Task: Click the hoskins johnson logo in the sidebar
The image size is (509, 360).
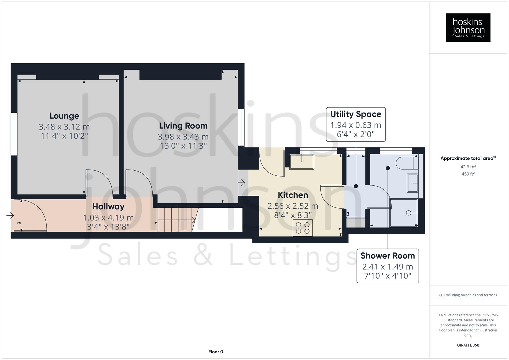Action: pyautogui.click(x=468, y=27)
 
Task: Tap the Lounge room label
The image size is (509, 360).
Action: pyautogui.click(x=64, y=116)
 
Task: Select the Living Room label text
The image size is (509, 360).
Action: pyautogui.click(x=183, y=126)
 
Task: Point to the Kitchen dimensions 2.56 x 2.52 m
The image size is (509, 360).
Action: pyautogui.click(x=293, y=206)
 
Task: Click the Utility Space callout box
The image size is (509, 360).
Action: pyautogui.click(x=355, y=124)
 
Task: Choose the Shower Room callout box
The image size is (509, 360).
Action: pyautogui.click(x=387, y=266)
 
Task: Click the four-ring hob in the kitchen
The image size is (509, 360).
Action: pyautogui.click(x=303, y=228)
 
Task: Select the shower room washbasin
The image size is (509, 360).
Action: pyautogui.click(x=413, y=183)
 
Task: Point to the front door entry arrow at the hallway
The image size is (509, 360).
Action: pyautogui.click(x=10, y=216)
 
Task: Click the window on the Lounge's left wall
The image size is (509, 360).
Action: pyautogui.click(x=14, y=134)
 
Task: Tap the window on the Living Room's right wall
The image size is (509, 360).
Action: pyautogui.click(x=241, y=127)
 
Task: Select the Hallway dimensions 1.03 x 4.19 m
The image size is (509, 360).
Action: pyautogui.click(x=108, y=218)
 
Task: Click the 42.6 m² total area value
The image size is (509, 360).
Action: pyautogui.click(x=468, y=167)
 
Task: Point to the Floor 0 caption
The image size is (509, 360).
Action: pyautogui.click(x=215, y=352)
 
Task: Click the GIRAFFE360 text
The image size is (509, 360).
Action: pyautogui.click(x=468, y=345)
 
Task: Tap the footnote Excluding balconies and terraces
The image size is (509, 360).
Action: pyautogui.click(x=468, y=295)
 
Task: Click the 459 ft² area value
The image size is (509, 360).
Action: pyautogui.click(x=468, y=174)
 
